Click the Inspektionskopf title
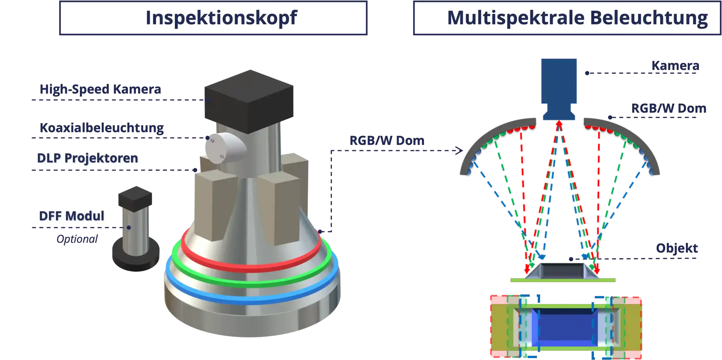[221, 18]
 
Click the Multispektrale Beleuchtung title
[577, 18]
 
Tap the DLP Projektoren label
[87, 158]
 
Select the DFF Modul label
[72, 216]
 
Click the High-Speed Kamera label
[100, 89]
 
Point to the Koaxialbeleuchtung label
[102, 128]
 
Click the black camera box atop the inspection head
[249, 102]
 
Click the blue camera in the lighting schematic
[558, 85]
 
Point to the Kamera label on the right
[675, 65]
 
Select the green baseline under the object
[563, 280]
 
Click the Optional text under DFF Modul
[77, 239]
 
